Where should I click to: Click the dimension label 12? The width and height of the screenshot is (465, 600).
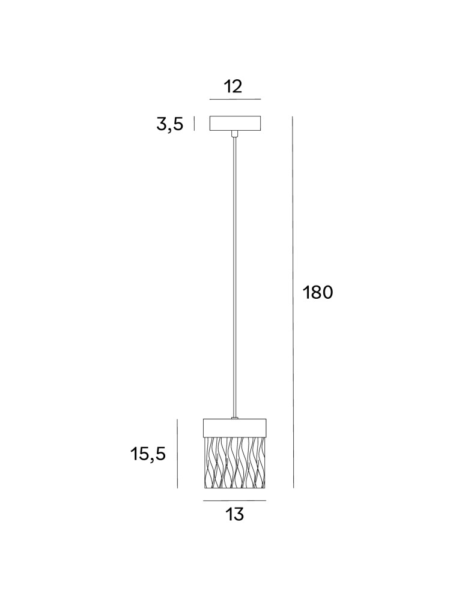click(233, 86)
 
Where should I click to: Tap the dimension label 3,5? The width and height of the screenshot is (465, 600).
click(169, 124)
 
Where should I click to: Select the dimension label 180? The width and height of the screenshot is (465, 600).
click(318, 293)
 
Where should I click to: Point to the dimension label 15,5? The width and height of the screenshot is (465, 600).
click(148, 454)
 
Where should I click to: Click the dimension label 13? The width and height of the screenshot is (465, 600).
click(234, 514)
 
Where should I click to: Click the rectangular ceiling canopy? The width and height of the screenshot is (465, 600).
click(235, 123)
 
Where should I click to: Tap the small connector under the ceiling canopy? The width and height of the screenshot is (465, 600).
click(235, 134)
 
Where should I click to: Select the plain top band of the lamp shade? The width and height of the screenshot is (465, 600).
click(234, 427)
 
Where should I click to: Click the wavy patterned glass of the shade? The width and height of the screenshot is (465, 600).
click(234, 462)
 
